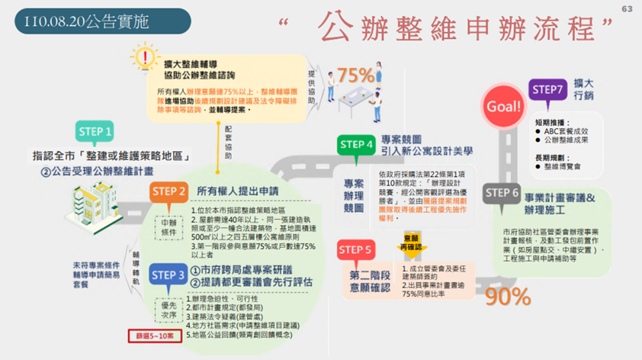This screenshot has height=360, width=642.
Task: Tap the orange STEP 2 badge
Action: point(169,191)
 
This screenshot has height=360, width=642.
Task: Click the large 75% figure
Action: point(355,75)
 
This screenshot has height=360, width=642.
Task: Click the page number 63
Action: point(628,9)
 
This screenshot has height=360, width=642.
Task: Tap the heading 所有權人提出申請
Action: point(237,191)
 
